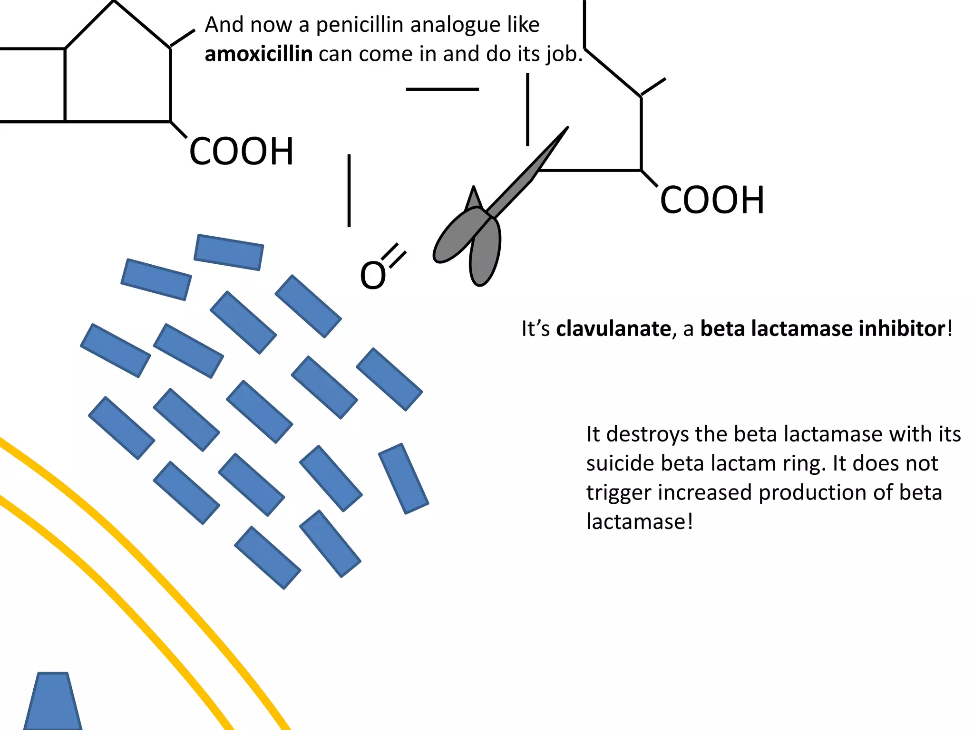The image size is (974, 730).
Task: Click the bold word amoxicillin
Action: point(258,54)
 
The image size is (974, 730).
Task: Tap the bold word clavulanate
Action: point(613,329)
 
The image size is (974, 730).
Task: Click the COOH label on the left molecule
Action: point(242,152)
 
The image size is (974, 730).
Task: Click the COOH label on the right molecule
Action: point(712,200)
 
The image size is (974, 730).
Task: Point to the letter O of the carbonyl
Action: point(372,276)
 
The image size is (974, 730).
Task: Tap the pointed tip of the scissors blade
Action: point(566,129)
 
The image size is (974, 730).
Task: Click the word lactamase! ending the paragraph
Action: point(640,522)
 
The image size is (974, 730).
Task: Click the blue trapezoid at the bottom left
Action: point(52,702)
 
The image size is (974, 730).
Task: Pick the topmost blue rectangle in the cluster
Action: point(229,252)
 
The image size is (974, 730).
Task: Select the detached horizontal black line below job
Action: point(442,89)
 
